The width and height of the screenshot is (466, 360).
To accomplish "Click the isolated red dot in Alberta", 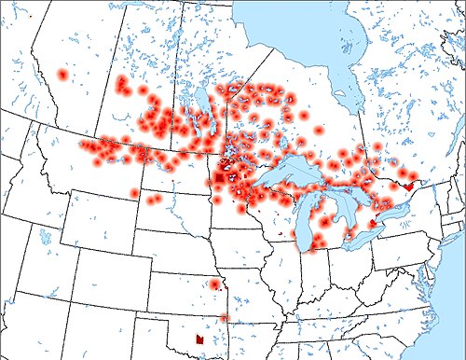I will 62,74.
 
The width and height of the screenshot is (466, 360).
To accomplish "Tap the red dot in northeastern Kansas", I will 214,284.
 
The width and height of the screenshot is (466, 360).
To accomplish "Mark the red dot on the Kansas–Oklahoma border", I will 224,318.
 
